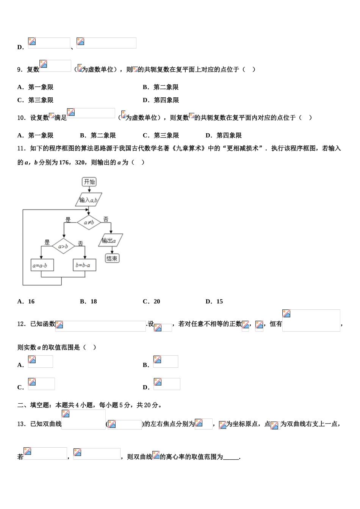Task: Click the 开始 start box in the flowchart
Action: click(x=89, y=182)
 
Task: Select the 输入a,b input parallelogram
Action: click(x=89, y=200)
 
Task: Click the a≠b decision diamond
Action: click(x=89, y=222)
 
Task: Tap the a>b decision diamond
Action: click(x=63, y=247)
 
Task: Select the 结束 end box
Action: click(x=112, y=258)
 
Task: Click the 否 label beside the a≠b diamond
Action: click(x=106, y=219)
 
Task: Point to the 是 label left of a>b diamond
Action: click(x=47, y=242)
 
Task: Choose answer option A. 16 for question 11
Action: click(x=26, y=301)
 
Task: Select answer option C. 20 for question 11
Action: click(x=152, y=301)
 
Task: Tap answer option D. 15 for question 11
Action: click(x=214, y=301)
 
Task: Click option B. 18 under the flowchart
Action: click(x=89, y=301)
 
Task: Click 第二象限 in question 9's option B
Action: click(x=166, y=87)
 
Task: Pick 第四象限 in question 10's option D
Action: click(x=229, y=135)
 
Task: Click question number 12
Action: click(x=21, y=324)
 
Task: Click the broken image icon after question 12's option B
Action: click(x=158, y=360)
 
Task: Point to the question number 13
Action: click(x=21, y=424)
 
